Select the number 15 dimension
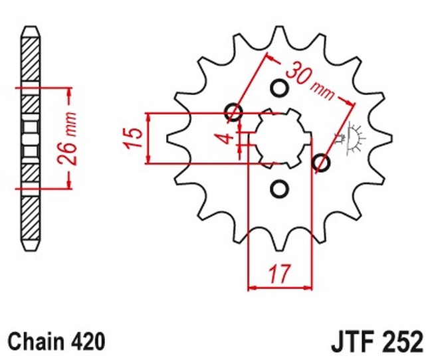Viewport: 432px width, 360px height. click(x=134, y=137)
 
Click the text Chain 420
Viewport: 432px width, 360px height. click(x=57, y=341)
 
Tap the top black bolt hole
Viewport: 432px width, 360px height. click(x=279, y=89)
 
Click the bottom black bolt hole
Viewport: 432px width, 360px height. click(x=279, y=189)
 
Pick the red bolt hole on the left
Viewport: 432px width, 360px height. click(x=234, y=112)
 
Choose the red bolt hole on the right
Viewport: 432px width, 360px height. click(x=320, y=163)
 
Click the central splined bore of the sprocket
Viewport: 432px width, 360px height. click(x=279, y=138)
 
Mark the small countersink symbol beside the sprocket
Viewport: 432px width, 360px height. click(x=351, y=137)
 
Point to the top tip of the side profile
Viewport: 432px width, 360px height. click(x=30, y=30)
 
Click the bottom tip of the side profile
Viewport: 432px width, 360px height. click(x=30, y=248)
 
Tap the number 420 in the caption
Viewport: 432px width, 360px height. click(x=89, y=341)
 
